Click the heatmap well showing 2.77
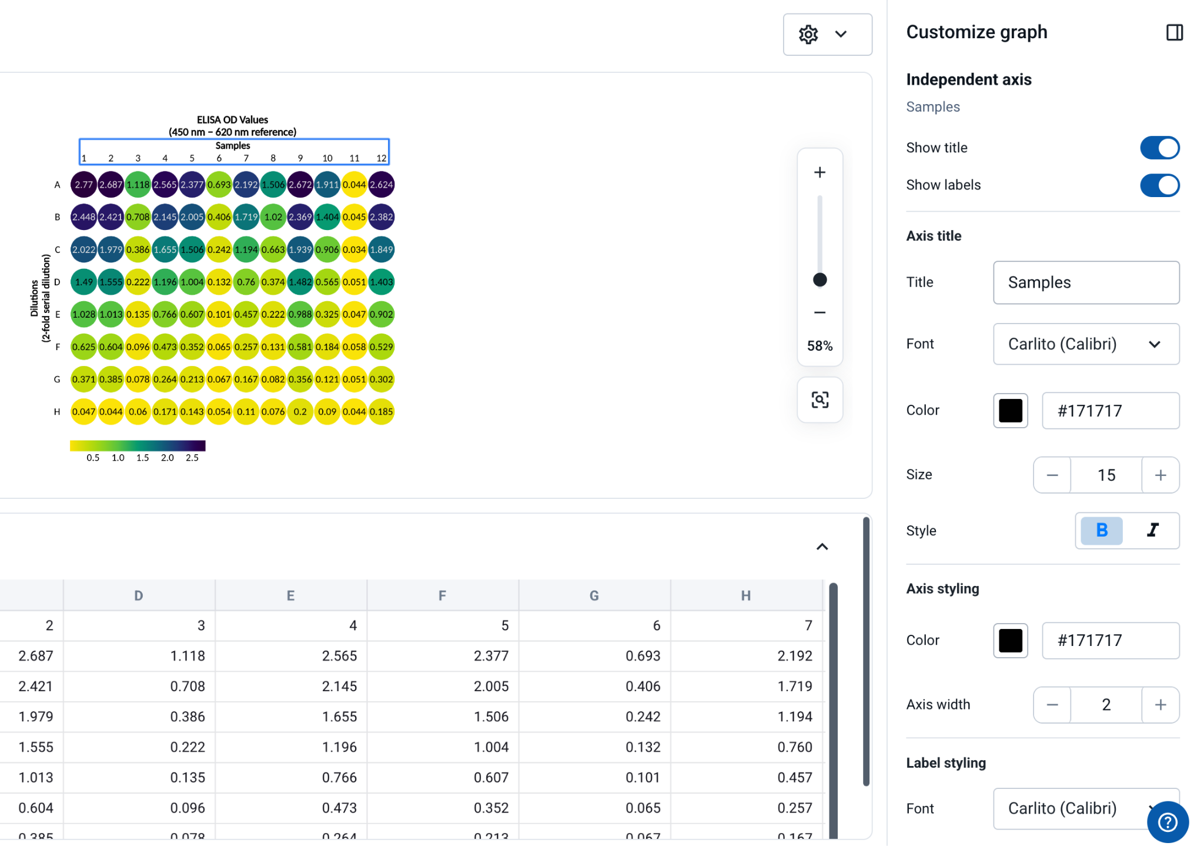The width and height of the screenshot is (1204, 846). (x=84, y=185)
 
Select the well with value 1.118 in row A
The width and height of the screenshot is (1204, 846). (x=138, y=185)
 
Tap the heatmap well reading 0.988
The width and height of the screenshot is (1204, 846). (x=300, y=314)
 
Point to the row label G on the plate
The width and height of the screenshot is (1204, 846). (x=57, y=379)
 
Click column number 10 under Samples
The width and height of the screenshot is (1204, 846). (x=327, y=158)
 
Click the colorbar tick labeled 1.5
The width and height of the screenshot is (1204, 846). (x=143, y=458)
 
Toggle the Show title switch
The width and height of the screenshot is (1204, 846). (x=1159, y=148)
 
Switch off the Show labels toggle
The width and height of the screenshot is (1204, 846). (x=1159, y=185)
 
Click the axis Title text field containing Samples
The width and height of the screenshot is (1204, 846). (x=1086, y=282)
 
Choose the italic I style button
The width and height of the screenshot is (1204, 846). (x=1153, y=531)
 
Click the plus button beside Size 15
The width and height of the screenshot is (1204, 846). (x=1160, y=475)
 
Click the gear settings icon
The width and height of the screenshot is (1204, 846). (x=808, y=35)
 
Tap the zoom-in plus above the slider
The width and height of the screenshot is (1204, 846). (x=820, y=172)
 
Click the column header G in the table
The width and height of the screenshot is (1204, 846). (x=594, y=595)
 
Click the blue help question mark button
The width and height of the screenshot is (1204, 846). (x=1168, y=822)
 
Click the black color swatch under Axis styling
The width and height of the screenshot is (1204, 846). (x=1011, y=640)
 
